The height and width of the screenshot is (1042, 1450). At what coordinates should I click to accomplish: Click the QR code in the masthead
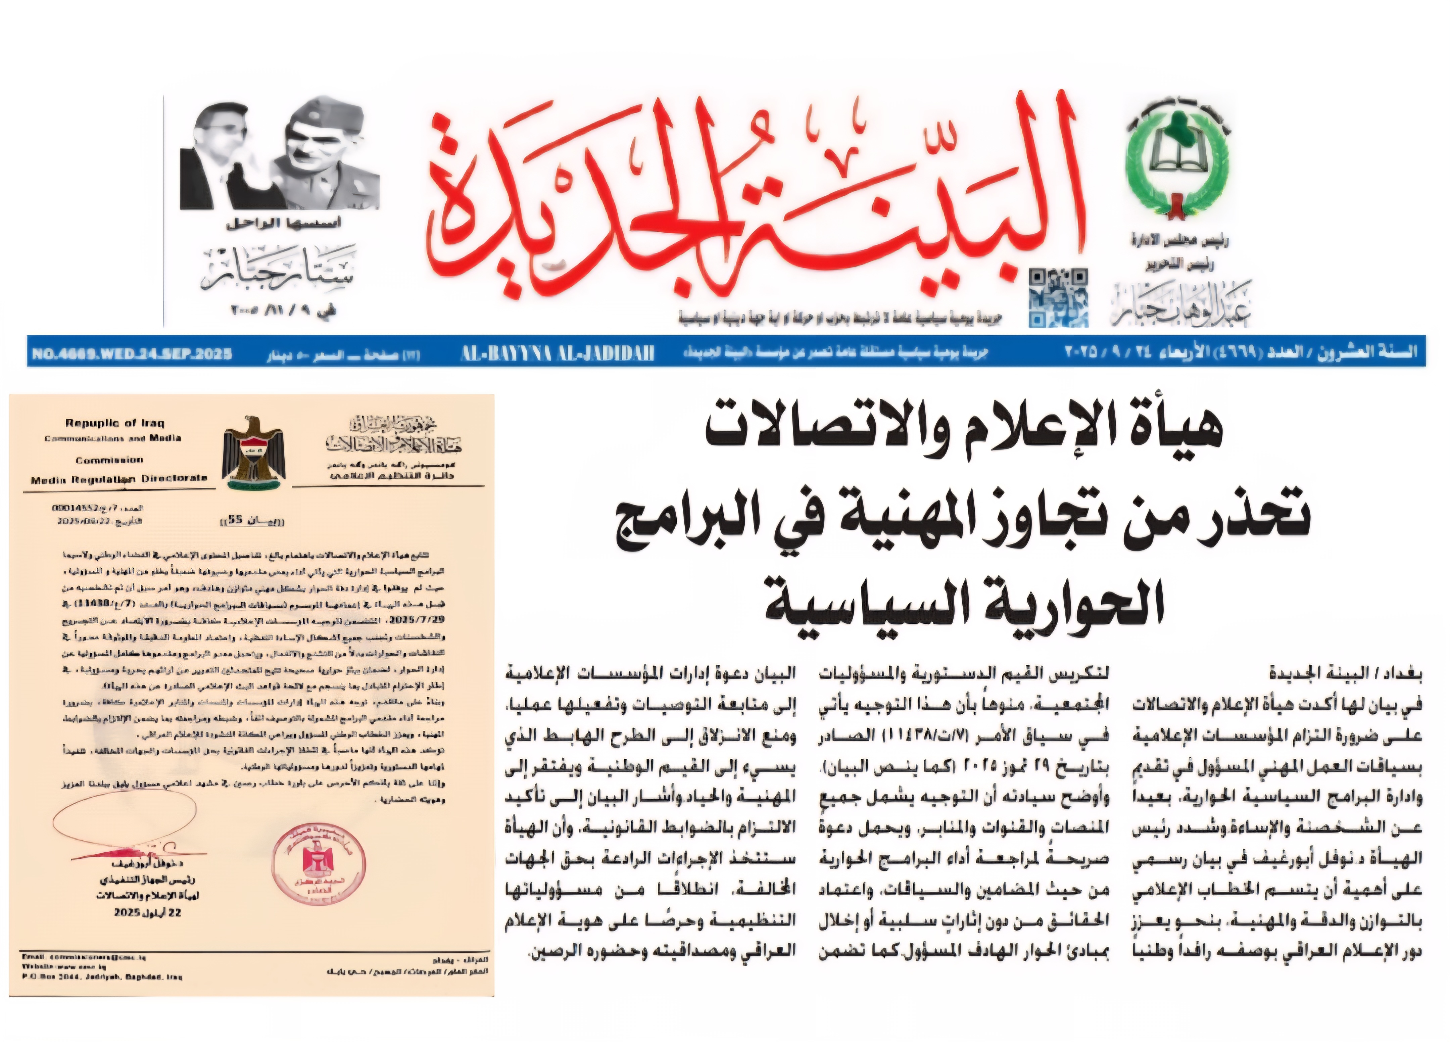pos(1058,298)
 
